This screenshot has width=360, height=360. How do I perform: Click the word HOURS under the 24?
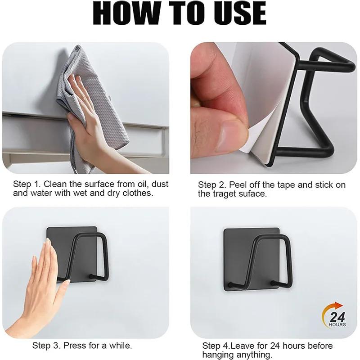click(x=337, y=324)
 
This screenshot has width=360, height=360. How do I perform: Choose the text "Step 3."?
click(x=46, y=346)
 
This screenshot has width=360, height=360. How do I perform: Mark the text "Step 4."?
click(x=216, y=346)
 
